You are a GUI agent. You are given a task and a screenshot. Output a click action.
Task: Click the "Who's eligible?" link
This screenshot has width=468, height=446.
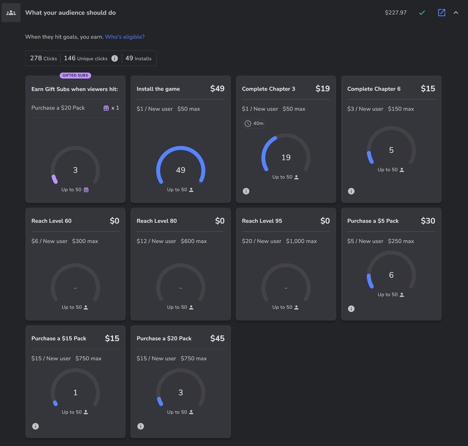pos(125,37)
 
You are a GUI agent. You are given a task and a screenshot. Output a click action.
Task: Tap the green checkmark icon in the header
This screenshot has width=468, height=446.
pos(422,12)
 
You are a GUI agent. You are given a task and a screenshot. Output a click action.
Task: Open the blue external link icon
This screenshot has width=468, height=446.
pos(441,12)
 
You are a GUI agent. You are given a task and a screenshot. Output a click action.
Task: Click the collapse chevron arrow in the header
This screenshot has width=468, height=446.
pos(456,12)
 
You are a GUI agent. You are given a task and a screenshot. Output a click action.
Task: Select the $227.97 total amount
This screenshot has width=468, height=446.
pos(396,12)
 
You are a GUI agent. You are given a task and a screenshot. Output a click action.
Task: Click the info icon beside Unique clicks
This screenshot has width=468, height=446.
pos(115,58)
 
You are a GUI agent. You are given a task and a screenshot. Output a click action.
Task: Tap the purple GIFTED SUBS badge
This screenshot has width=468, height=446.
pos(75,75)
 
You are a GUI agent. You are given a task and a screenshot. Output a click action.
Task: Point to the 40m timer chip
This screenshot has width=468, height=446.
pos(254,124)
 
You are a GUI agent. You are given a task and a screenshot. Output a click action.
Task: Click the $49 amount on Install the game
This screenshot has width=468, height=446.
pos(217,89)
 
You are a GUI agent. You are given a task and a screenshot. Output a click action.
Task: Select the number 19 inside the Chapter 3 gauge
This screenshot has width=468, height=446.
pos(286,157)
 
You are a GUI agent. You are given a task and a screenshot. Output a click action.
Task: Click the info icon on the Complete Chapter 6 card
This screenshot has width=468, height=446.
pos(351,191)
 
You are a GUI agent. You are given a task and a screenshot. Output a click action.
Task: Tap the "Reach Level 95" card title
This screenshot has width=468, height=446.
pos(262,221)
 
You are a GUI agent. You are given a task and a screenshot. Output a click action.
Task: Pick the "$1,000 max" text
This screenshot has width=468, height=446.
pos(301,241)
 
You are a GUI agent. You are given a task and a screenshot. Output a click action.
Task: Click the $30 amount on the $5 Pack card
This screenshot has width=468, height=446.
pos(428,221)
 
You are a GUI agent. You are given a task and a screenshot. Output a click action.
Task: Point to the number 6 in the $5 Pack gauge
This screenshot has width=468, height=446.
pos(391,275)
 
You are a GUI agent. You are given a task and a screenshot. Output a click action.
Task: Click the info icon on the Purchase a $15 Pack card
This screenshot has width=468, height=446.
pos(36,426)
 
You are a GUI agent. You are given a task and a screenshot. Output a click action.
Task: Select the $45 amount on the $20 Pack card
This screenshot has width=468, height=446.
pos(217,339)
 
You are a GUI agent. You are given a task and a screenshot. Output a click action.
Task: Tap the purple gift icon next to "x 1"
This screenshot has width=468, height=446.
pos(106,108)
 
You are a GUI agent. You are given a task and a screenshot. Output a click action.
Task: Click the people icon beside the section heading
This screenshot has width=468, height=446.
pos(11,12)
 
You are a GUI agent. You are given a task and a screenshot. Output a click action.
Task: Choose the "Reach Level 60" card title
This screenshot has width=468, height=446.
pos(51,221)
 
